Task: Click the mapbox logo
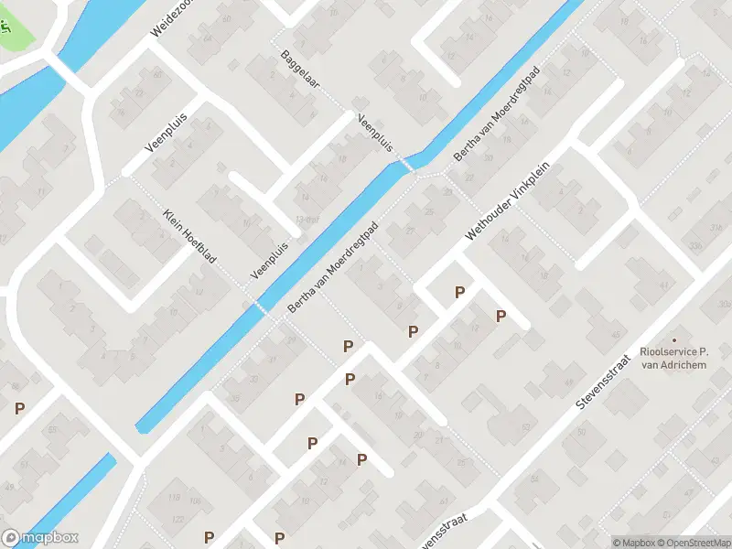tap(40, 538)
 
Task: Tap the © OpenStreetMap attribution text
tap(685, 543)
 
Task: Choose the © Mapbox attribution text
tap(632, 543)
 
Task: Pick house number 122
tap(178, 519)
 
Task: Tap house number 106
tap(194, 501)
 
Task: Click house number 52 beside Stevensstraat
tap(526, 426)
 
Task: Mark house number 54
tap(534, 478)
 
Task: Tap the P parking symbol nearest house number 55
tap(18, 409)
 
